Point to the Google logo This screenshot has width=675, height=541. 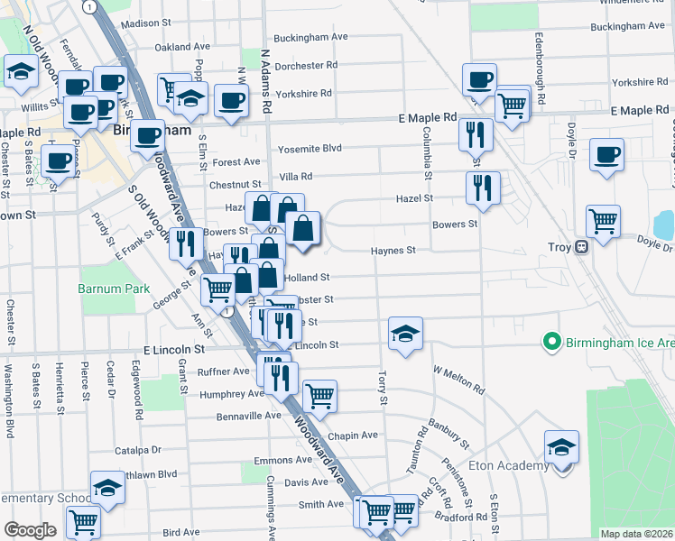coord(30,530)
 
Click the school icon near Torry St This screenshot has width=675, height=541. coord(406,335)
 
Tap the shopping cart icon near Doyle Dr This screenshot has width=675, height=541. coord(602,220)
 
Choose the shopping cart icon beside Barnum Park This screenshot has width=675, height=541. coord(217,289)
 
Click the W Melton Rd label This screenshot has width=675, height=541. coord(458,378)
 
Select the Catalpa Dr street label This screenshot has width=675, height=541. coord(137,449)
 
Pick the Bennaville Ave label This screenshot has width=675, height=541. coord(248,416)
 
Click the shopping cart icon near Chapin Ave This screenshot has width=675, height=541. coord(319,394)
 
